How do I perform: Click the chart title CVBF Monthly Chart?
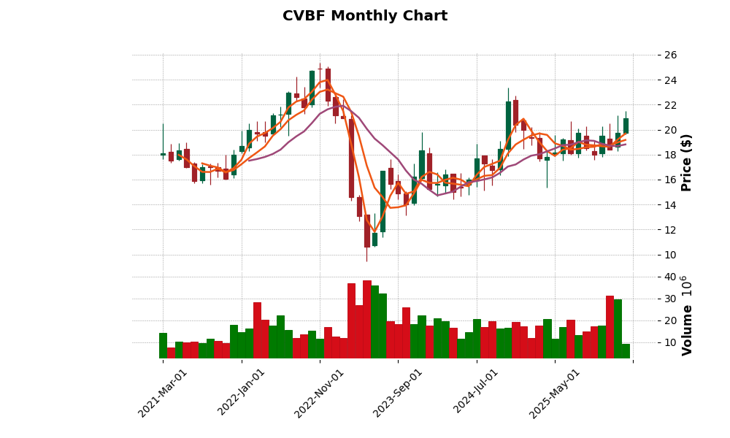(365, 16)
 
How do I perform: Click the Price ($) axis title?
(686, 162)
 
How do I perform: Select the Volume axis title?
(686, 315)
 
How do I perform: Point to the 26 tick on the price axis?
(671, 55)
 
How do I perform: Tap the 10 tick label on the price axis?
(671, 255)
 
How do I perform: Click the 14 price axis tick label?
(671, 205)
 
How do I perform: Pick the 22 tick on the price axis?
(671, 105)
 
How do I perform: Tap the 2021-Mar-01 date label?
(163, 393)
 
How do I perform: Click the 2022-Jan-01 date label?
(242, 393)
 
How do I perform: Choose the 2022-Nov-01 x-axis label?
(319, 393)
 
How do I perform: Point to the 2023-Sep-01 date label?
(398, 393)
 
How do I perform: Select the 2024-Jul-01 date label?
(476, 393)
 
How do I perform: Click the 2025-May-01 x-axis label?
(555, 393)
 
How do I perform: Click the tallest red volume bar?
(367, 319)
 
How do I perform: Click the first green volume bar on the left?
(163, 345)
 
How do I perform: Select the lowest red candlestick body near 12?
(367, 231)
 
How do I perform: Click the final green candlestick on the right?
(626, 126)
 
